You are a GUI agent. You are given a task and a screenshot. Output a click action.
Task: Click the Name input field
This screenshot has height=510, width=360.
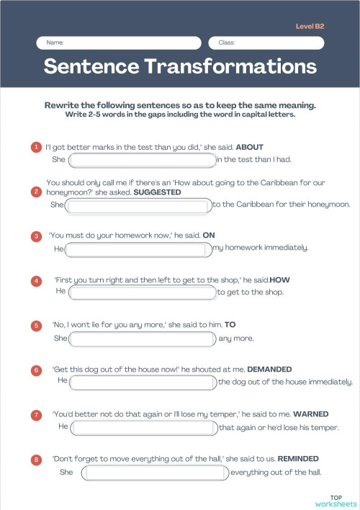tap(119, 43)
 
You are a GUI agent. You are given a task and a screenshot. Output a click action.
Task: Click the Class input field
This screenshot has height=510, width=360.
tap(271, 43)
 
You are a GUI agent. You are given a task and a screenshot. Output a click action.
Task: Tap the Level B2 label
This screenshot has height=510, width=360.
tap(310, 26)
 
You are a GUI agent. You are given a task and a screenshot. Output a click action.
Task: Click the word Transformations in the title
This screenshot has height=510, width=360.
tap(230, 67)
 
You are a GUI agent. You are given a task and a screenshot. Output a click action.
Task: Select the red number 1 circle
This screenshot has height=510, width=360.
tap(36, 147)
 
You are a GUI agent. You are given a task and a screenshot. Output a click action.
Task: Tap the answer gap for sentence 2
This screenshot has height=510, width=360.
tap(139, 205)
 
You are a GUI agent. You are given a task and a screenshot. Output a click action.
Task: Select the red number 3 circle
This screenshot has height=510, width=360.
tap(36, 236)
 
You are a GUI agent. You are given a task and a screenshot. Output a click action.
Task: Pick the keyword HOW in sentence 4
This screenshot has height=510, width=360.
tap(279, 279)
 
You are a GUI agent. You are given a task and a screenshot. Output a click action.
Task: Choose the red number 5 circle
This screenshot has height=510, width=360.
tap(36, 326)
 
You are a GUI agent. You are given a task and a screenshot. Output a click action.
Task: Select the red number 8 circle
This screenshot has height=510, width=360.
tap(36, 459)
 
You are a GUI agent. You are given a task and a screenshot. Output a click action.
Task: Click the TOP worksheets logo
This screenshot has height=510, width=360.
tap(336, 501)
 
